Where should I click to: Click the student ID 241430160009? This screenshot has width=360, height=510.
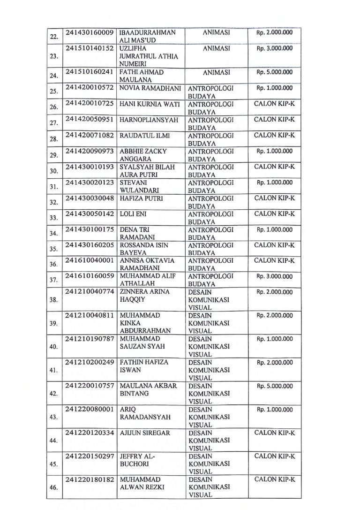click(90, 33)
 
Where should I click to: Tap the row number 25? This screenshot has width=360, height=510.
click(53, 91)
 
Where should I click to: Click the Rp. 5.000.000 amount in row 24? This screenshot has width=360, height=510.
click(274, 72)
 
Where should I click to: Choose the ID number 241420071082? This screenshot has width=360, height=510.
click(90, 136)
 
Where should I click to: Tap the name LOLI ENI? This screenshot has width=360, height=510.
click(131, 214)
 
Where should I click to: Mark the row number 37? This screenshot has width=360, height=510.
click(53, 280)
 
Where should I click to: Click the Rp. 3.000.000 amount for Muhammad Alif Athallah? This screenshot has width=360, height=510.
click(274, 276)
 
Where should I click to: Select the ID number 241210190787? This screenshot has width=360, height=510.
click(90, 339)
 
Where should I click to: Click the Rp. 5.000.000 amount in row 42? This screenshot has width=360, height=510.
click(274, 386)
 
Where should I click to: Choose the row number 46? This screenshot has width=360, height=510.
click(53, 487)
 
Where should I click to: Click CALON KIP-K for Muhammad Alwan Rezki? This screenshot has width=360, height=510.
click(274, 480)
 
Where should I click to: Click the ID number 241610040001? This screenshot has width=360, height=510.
click(90, 261)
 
